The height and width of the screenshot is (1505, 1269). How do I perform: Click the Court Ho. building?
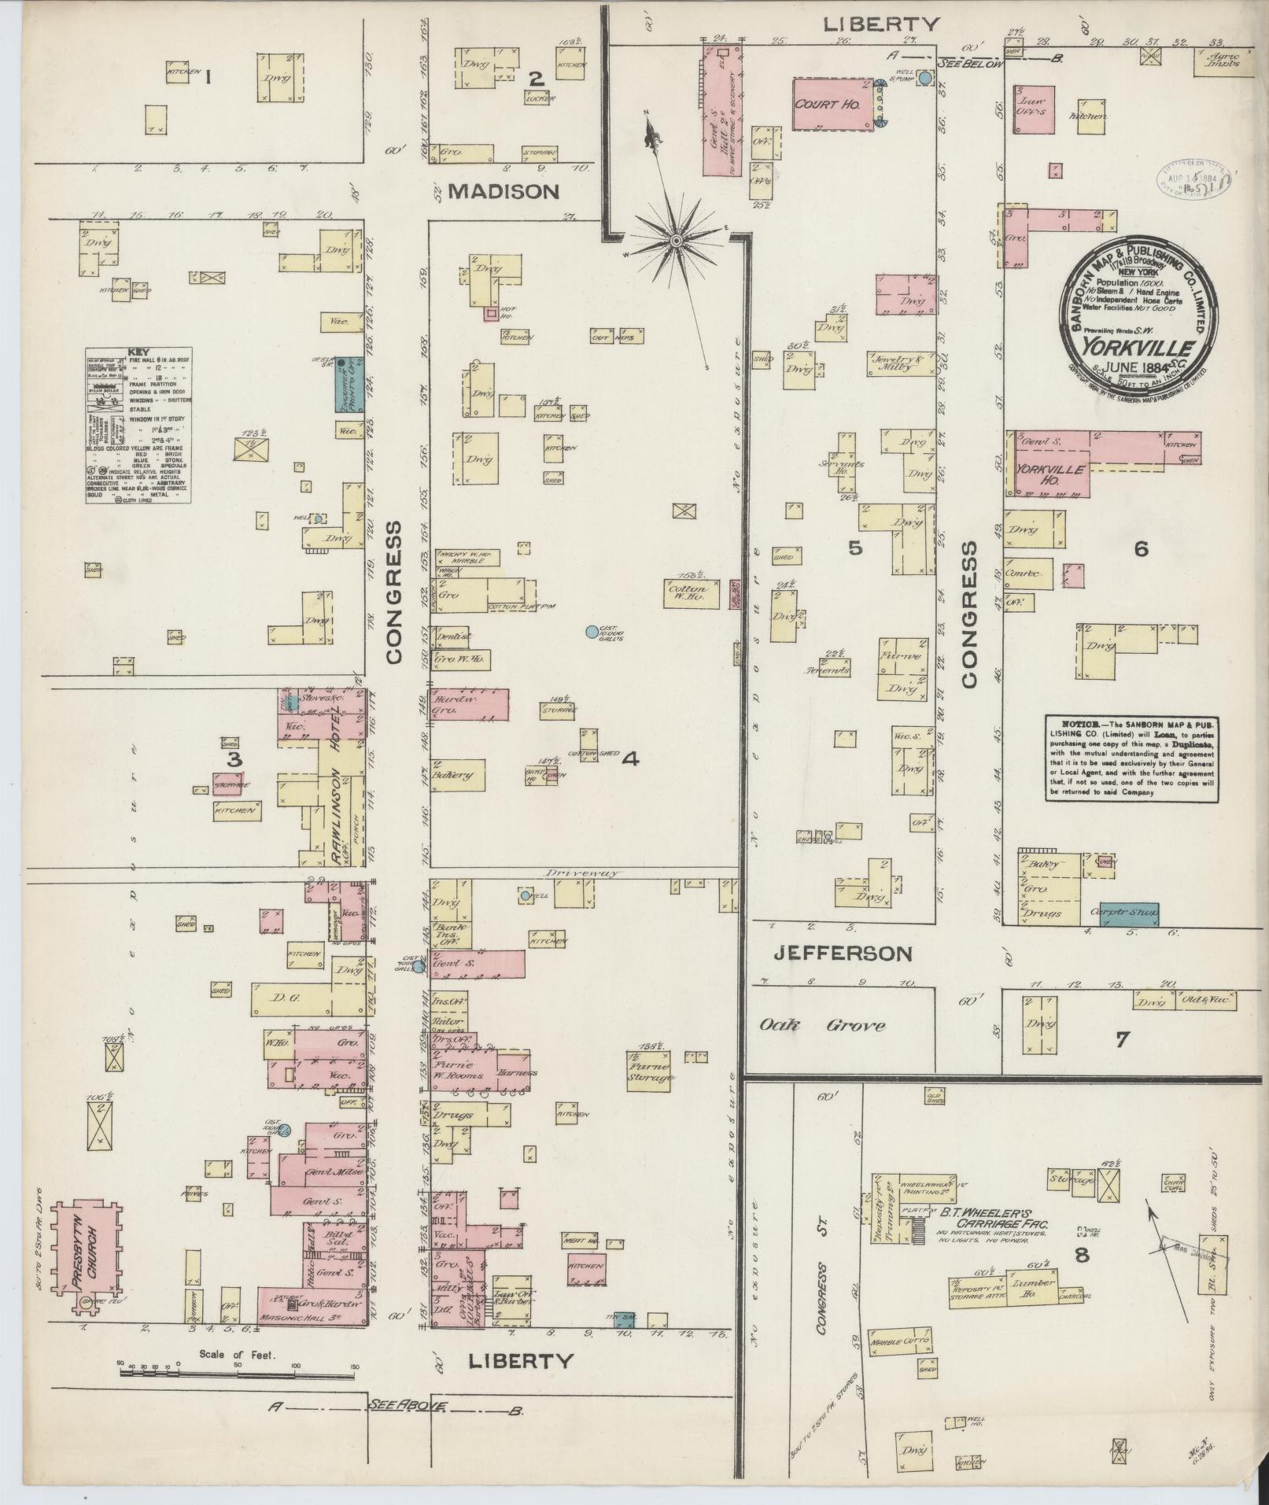pos(831,103)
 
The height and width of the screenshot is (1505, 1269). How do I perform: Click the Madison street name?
pos(504,191)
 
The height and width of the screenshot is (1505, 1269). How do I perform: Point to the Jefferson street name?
pos(843,954)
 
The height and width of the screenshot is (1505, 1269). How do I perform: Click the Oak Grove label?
pos(822,1025)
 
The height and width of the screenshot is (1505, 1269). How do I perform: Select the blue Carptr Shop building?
pos(1128,913)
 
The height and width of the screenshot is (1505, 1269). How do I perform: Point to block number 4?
pos(630,759)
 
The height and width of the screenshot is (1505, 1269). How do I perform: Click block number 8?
pos(1082,1255)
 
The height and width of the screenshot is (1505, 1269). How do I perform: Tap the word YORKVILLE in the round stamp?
pos(1139,347)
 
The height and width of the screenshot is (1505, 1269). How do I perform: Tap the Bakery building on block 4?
pos(457,775)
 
